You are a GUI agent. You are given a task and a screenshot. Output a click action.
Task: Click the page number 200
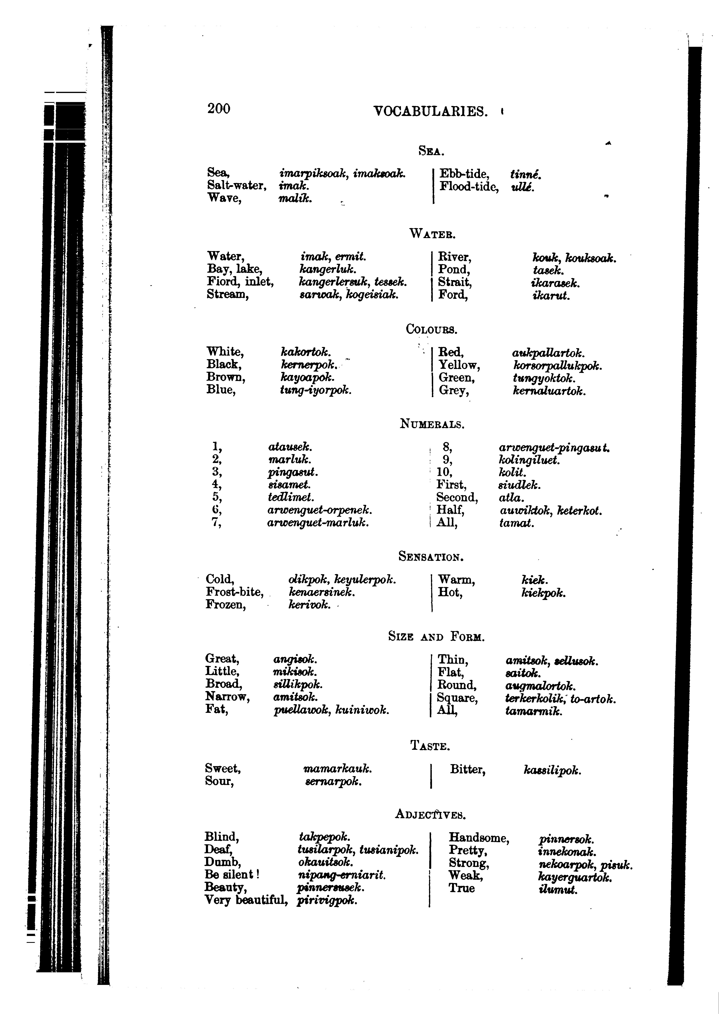coord(219,109)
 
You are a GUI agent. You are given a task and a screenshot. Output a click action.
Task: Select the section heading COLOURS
coord(432,330)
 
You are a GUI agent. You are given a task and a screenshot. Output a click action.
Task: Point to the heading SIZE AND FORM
coord(436,637)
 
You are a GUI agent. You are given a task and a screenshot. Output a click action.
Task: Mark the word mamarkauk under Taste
coord(337,769)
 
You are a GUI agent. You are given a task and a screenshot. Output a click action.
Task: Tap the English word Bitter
coord(468,770)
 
